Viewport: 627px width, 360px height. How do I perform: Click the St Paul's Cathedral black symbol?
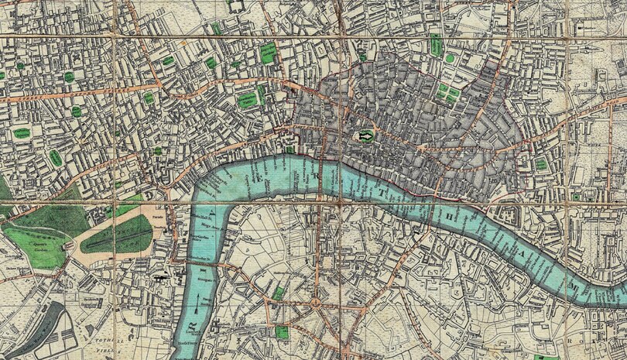click(x=365, y=137)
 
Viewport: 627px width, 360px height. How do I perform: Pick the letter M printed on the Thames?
click(x=574, y=287)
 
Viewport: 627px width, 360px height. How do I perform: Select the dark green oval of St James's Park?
click(x=116, y=233)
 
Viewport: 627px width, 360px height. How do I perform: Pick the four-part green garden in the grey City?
click(x=447, y=92)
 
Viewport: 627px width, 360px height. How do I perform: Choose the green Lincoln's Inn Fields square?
click(x=247, y=99)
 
